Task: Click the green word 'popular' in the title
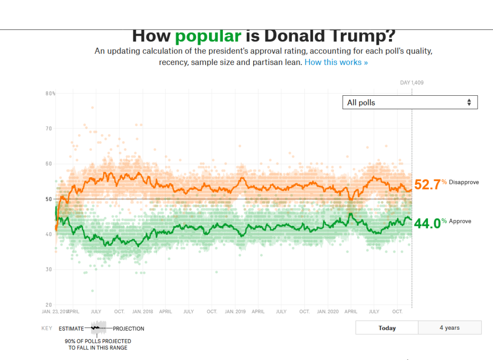click(x=208, y=36)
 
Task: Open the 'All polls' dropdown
click(x=410, y=103)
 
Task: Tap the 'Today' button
click(x=387, y=328)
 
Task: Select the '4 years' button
click(x=450, y=328)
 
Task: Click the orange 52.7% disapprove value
click(x=428, y=184)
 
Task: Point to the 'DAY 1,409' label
click(x=412, y=83)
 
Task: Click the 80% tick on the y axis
click(x=51, y=93)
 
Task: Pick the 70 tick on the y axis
click(x=49, y=129)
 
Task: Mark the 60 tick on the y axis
click(x=49, y=164)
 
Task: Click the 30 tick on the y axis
click(x=49, y=270)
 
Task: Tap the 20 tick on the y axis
click(x=49, y=305)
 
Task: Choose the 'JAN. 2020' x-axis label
click(x=327, y=312)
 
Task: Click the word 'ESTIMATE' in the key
click(x=71, y=329)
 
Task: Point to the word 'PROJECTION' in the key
click(x=129, y=329)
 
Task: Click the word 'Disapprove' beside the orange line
click(x=464, y=182)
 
